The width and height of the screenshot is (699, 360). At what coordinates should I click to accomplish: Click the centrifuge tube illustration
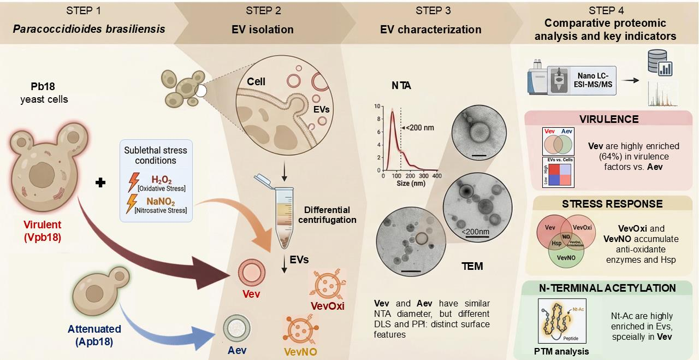(x=285, y=216)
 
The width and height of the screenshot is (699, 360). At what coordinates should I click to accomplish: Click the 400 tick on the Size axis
(x=436, y=176)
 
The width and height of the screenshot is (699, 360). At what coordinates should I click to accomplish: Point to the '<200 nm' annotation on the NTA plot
(x=420, y=128)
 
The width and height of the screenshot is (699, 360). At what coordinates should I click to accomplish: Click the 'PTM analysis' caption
(x=562, y=351)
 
